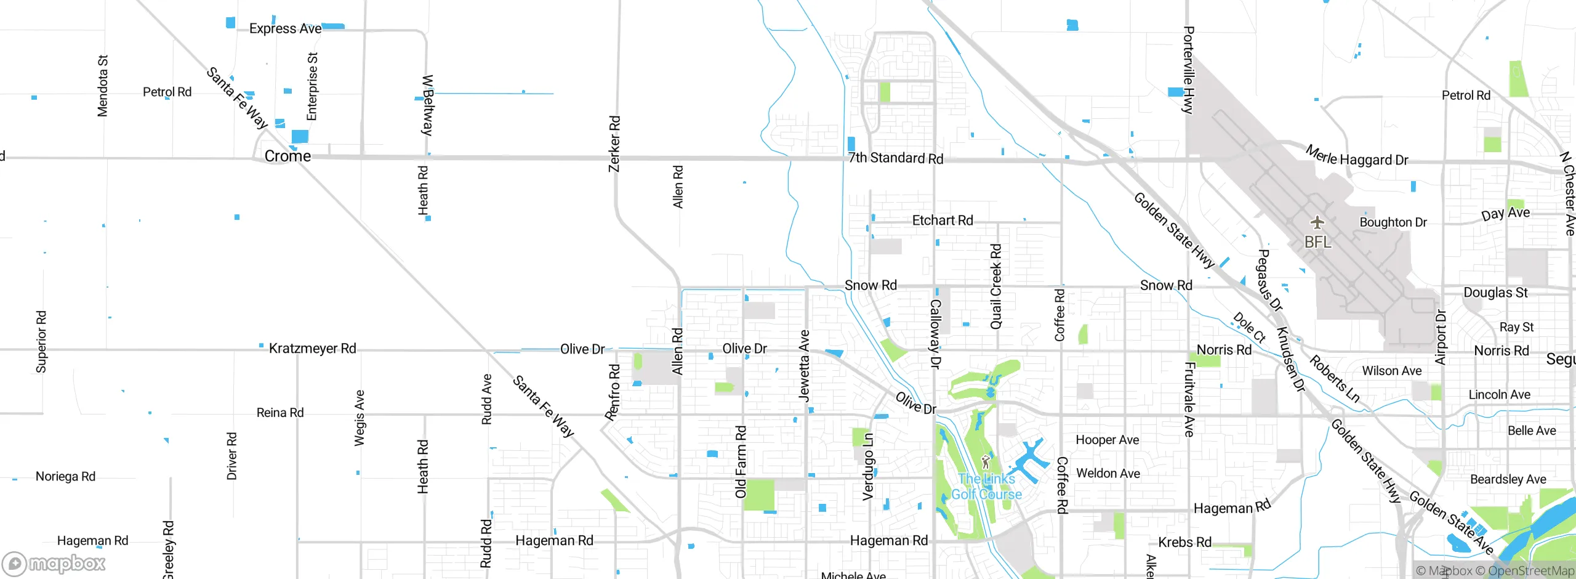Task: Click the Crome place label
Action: [287, 156]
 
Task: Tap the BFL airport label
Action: [1317, 242]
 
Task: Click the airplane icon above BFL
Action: [1317, 222]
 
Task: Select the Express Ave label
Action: [285, 29]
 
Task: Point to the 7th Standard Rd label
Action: [895, 158]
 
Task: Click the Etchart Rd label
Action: [942, 221]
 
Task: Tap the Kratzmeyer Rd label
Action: [312, 349]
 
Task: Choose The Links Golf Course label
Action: [986, 487]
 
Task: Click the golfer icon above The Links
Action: [986, 461]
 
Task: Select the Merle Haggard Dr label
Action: [1357, 156]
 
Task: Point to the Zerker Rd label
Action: [614, 144]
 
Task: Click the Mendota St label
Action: [103, 86]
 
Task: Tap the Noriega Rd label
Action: [65, 477]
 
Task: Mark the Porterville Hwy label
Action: [1189, 70]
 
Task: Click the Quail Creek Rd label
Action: [995, 286]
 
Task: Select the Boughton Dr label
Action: [1393, 222]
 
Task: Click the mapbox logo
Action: [54, 563]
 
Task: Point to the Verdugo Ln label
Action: [867, 466]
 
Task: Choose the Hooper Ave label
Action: [1107, 440]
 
